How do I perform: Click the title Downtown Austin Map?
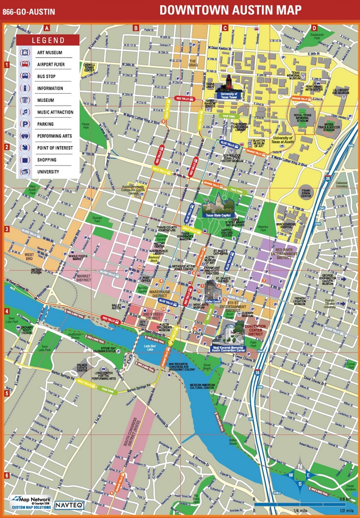[230, 10]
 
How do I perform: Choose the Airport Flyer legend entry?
[50, 64]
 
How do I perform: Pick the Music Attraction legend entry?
[55, 112]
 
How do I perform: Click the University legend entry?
[48, 172]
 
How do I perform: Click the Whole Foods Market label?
[82, 258]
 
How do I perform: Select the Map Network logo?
[29, 502]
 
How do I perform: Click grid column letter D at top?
[314, 28]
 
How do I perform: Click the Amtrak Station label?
[36, 271]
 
